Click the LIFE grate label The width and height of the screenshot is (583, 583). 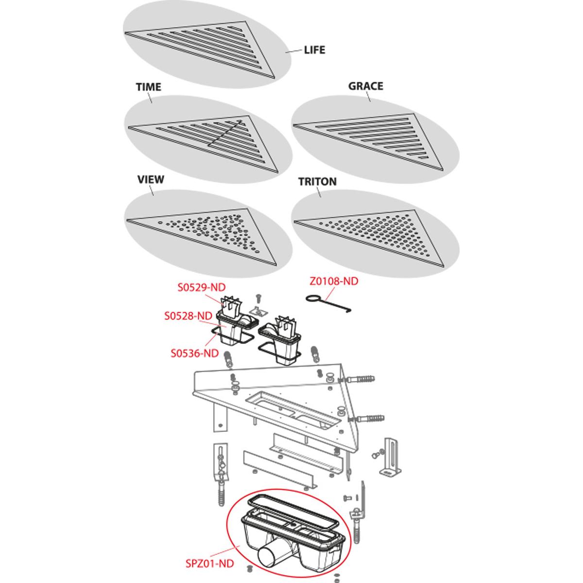point(315,50)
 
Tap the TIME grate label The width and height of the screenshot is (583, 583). point(148,87)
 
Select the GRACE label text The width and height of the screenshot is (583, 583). point(366,86)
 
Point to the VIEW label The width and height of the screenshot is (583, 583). point(151,179)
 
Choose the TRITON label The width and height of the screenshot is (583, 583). point(317,182)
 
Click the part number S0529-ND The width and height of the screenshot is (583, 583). point(202,287)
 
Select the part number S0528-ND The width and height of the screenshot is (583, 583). point(188,316)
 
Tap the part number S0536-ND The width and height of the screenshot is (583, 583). point(194,353)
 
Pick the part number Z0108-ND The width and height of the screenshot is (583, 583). point(334,281)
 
